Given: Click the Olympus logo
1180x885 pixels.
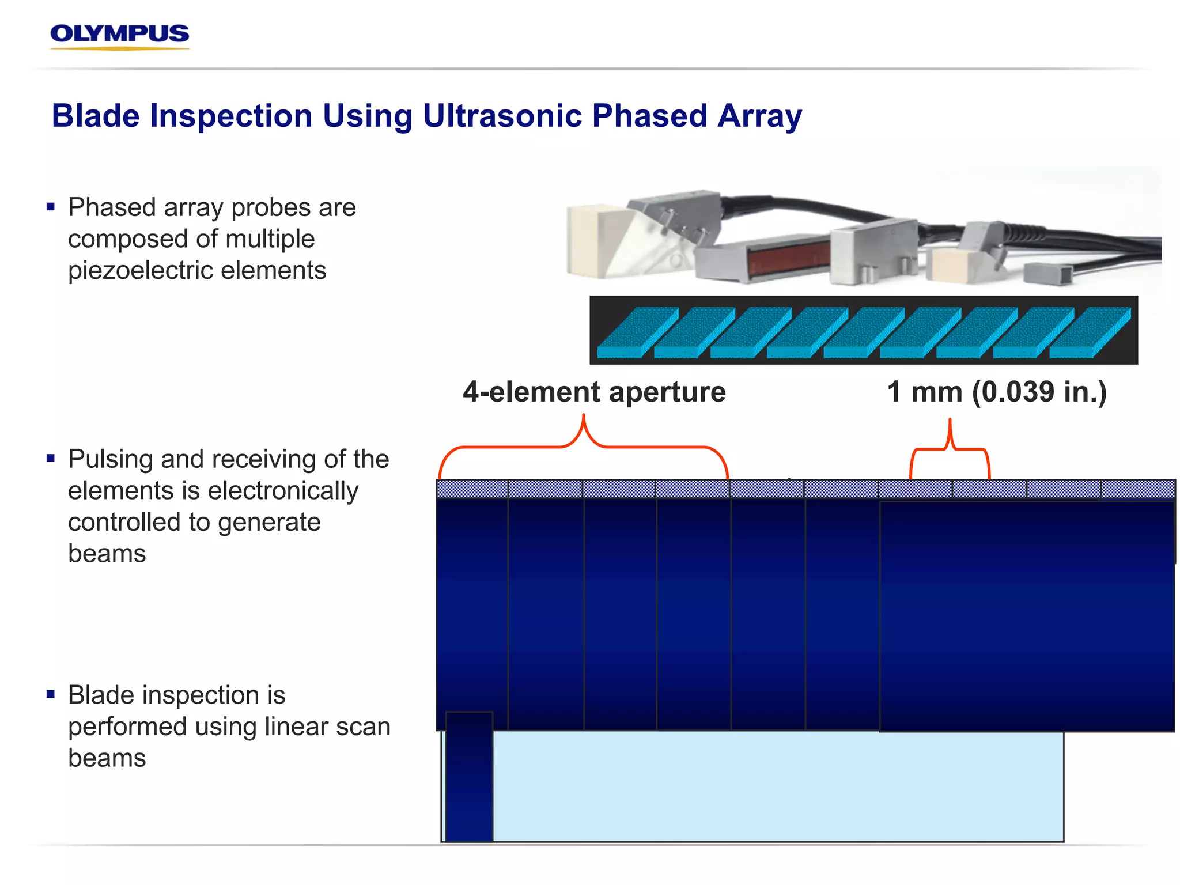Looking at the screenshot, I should point(119,36).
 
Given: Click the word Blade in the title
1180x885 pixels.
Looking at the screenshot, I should point(96,116).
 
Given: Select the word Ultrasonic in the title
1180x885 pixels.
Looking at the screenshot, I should point(502,116).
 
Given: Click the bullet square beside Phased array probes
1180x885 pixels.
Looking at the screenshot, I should point(51,206).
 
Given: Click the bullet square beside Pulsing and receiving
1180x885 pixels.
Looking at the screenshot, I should point(51,458).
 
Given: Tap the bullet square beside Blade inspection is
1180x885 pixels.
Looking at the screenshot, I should point(51,694).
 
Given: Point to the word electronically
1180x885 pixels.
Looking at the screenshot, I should point(283,491).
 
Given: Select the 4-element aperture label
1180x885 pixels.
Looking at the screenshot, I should point(594,392).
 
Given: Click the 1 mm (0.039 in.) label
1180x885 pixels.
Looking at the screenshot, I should point(997,392).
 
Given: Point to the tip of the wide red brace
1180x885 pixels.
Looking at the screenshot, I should point(583,416).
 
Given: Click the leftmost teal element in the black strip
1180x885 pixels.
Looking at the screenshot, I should point(637,333).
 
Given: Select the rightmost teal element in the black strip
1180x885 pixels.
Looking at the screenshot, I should point(1089,333).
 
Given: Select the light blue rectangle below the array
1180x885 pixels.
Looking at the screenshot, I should point(778,786).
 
